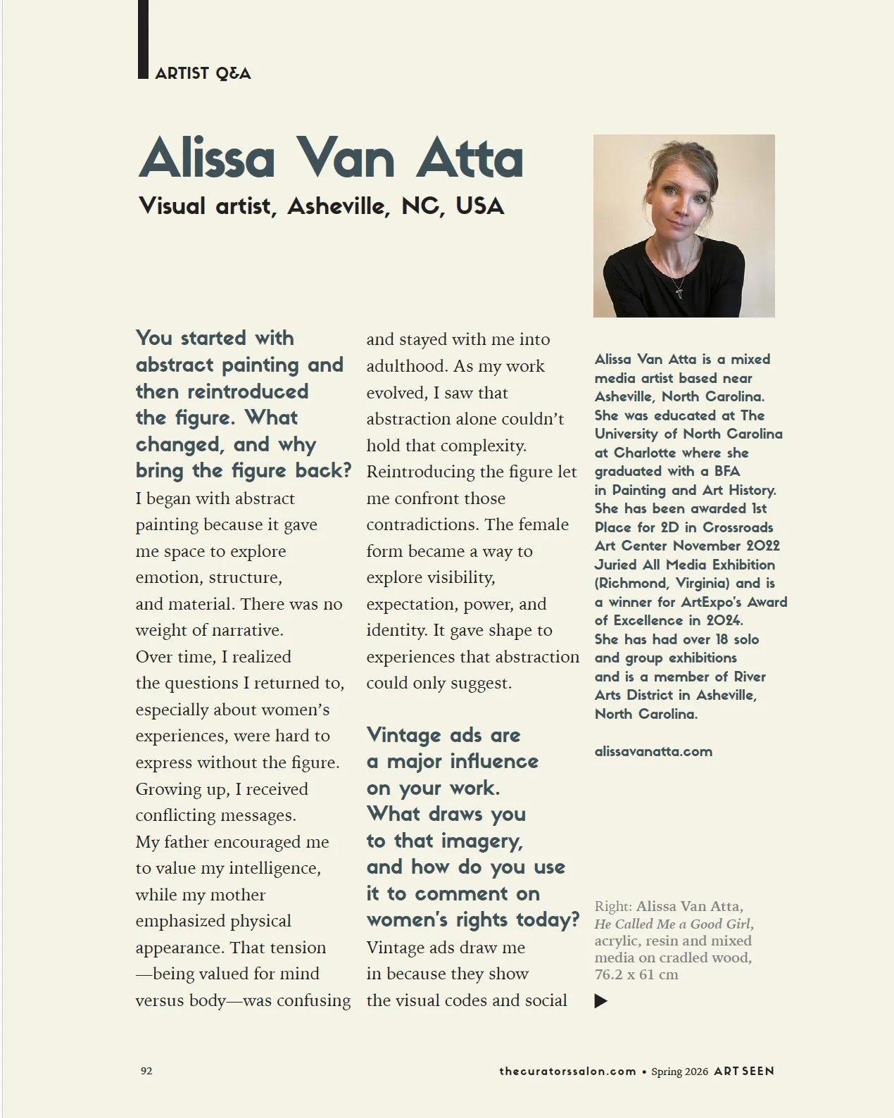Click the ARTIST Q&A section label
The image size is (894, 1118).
pos(203,73)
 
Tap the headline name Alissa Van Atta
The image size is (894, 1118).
pos(331,158)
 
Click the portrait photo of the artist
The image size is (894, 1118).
pos(684,225)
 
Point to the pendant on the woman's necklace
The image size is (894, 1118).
pos(679,289)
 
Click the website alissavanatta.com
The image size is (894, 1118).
pos(653,751)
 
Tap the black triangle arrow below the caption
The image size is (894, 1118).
pos(600,1000)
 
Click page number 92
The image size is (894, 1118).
pos(146,1071)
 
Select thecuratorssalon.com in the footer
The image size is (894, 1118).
pos(567,1071)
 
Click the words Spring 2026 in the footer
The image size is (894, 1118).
pos(679,1072)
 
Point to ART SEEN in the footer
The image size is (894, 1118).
pos(743,1071)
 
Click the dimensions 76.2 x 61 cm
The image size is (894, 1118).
pos(636,974)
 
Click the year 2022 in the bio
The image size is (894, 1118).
pos(762,546)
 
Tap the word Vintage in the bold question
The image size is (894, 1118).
pos(403,735)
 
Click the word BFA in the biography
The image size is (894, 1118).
pos(726,471)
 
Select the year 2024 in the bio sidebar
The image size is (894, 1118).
pos(724,620)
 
